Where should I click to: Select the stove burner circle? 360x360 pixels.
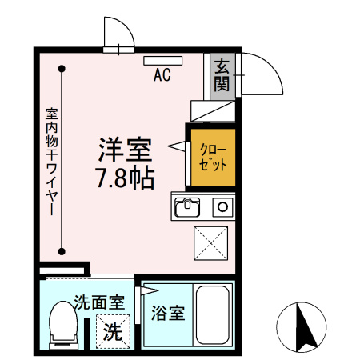pyautogui.click(x=222, y=207)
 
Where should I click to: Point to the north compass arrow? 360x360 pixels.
pyautogui.click(x=302, y=326)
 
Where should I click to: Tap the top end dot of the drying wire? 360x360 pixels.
pyautogui.click(x=62, y=70)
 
